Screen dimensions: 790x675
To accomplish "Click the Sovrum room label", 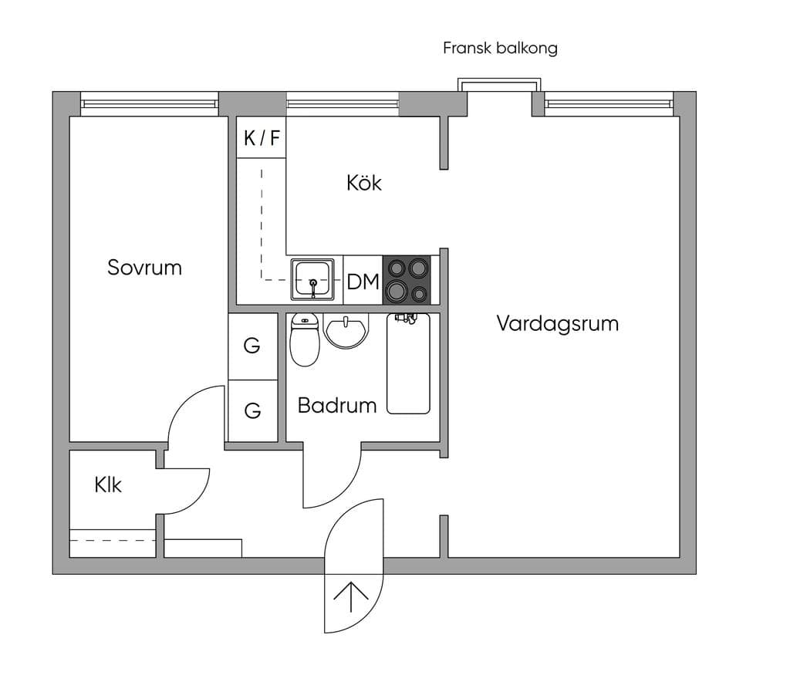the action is click(x=144, y=268).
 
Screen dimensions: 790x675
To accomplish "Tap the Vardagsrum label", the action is click(x=558, y=323).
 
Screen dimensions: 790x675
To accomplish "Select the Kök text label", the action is click(x=364, y=182).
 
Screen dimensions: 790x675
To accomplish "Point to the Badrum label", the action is click(x=337, y=406).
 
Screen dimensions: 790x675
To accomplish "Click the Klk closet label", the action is click(x=108, y=484).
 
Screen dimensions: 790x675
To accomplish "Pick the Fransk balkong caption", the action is click(x=500, y=48).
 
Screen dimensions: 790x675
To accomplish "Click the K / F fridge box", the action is click(x=262, y=137).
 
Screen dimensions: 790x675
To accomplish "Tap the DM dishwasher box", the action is click(x=363, y=281).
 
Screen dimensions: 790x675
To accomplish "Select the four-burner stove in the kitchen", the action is click(x=407, y=280).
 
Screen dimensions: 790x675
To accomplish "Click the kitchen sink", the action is click(x=312, y=279).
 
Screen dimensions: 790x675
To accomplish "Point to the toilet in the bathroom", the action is click(x=305, y=339).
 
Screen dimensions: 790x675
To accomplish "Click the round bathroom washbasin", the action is click(x=346, y=330).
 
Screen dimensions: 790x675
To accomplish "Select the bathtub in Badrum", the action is click(x=409, y=363).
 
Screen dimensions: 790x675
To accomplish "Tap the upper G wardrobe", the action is click(x=253, y=346).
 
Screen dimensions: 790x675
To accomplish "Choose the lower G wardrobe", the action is click(x=253, y=410).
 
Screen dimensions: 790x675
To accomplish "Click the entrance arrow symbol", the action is click(x=351, y=597).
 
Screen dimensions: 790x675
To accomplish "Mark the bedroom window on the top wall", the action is click(x=150, y=104).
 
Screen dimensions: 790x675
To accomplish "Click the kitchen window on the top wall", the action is click(x=343, y=104).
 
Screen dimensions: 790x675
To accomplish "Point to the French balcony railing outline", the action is click(x=499, y=79).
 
